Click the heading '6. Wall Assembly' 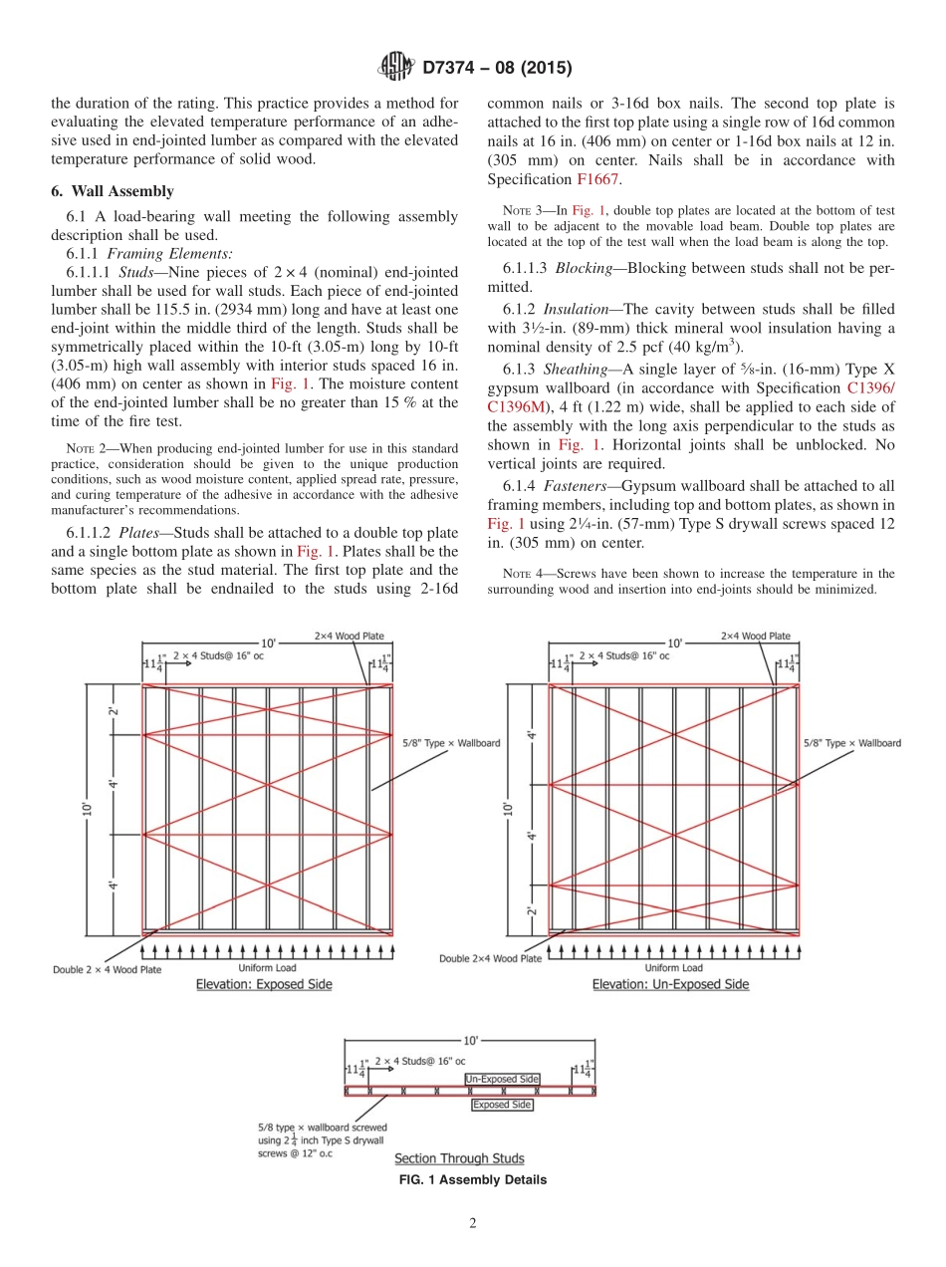tap(112, 192)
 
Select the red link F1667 tap(597, 179)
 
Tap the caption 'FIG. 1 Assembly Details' tap(472, 1179)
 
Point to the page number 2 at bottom tap(473, 1223)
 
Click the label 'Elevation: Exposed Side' tap(264, 984)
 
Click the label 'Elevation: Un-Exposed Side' tap(670, 984)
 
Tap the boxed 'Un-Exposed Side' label tap(502, 1079)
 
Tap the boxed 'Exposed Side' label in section tap(502, 1105)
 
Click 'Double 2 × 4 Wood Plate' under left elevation tap(107, 969)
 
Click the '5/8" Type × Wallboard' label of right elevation tap(851, 743)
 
